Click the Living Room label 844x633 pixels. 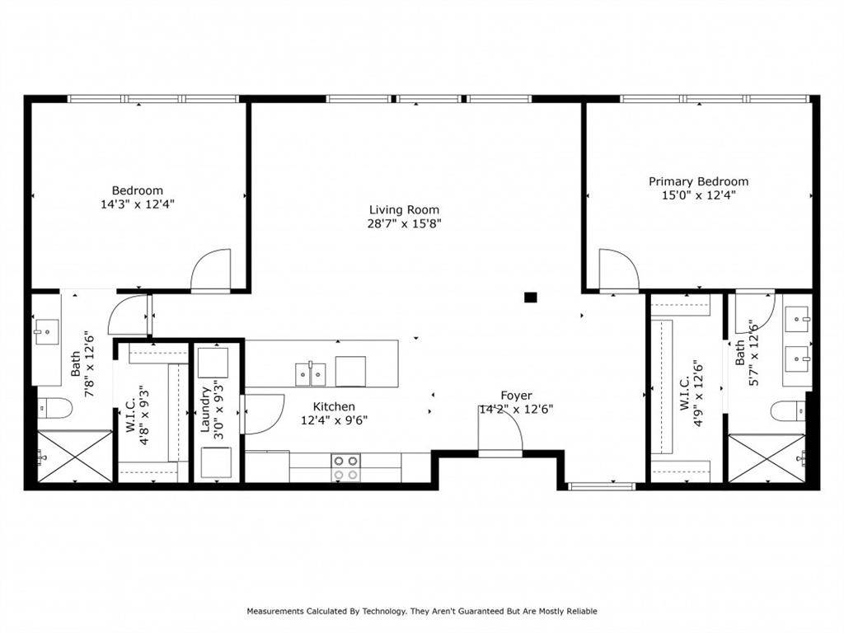click(x=404, y=209)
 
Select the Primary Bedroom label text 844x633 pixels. click(x=698, y=181)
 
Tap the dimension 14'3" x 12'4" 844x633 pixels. click(x=138, y=204)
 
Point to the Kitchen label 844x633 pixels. click(x=334, y=406)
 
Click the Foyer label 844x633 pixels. click(x=516, y=396)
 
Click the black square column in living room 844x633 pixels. click(x=531, y=297)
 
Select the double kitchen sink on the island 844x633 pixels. click(x=311, y=373)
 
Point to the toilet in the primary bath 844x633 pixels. click(x=788, y=410)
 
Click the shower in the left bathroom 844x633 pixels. click(x=74, y=457)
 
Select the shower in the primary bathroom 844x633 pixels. click(x=767, y=458)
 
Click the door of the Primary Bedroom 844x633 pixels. click(x=617, y=270)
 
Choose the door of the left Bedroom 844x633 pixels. click(x=211, y=270)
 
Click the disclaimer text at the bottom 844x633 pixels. click(x=422, y=611)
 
